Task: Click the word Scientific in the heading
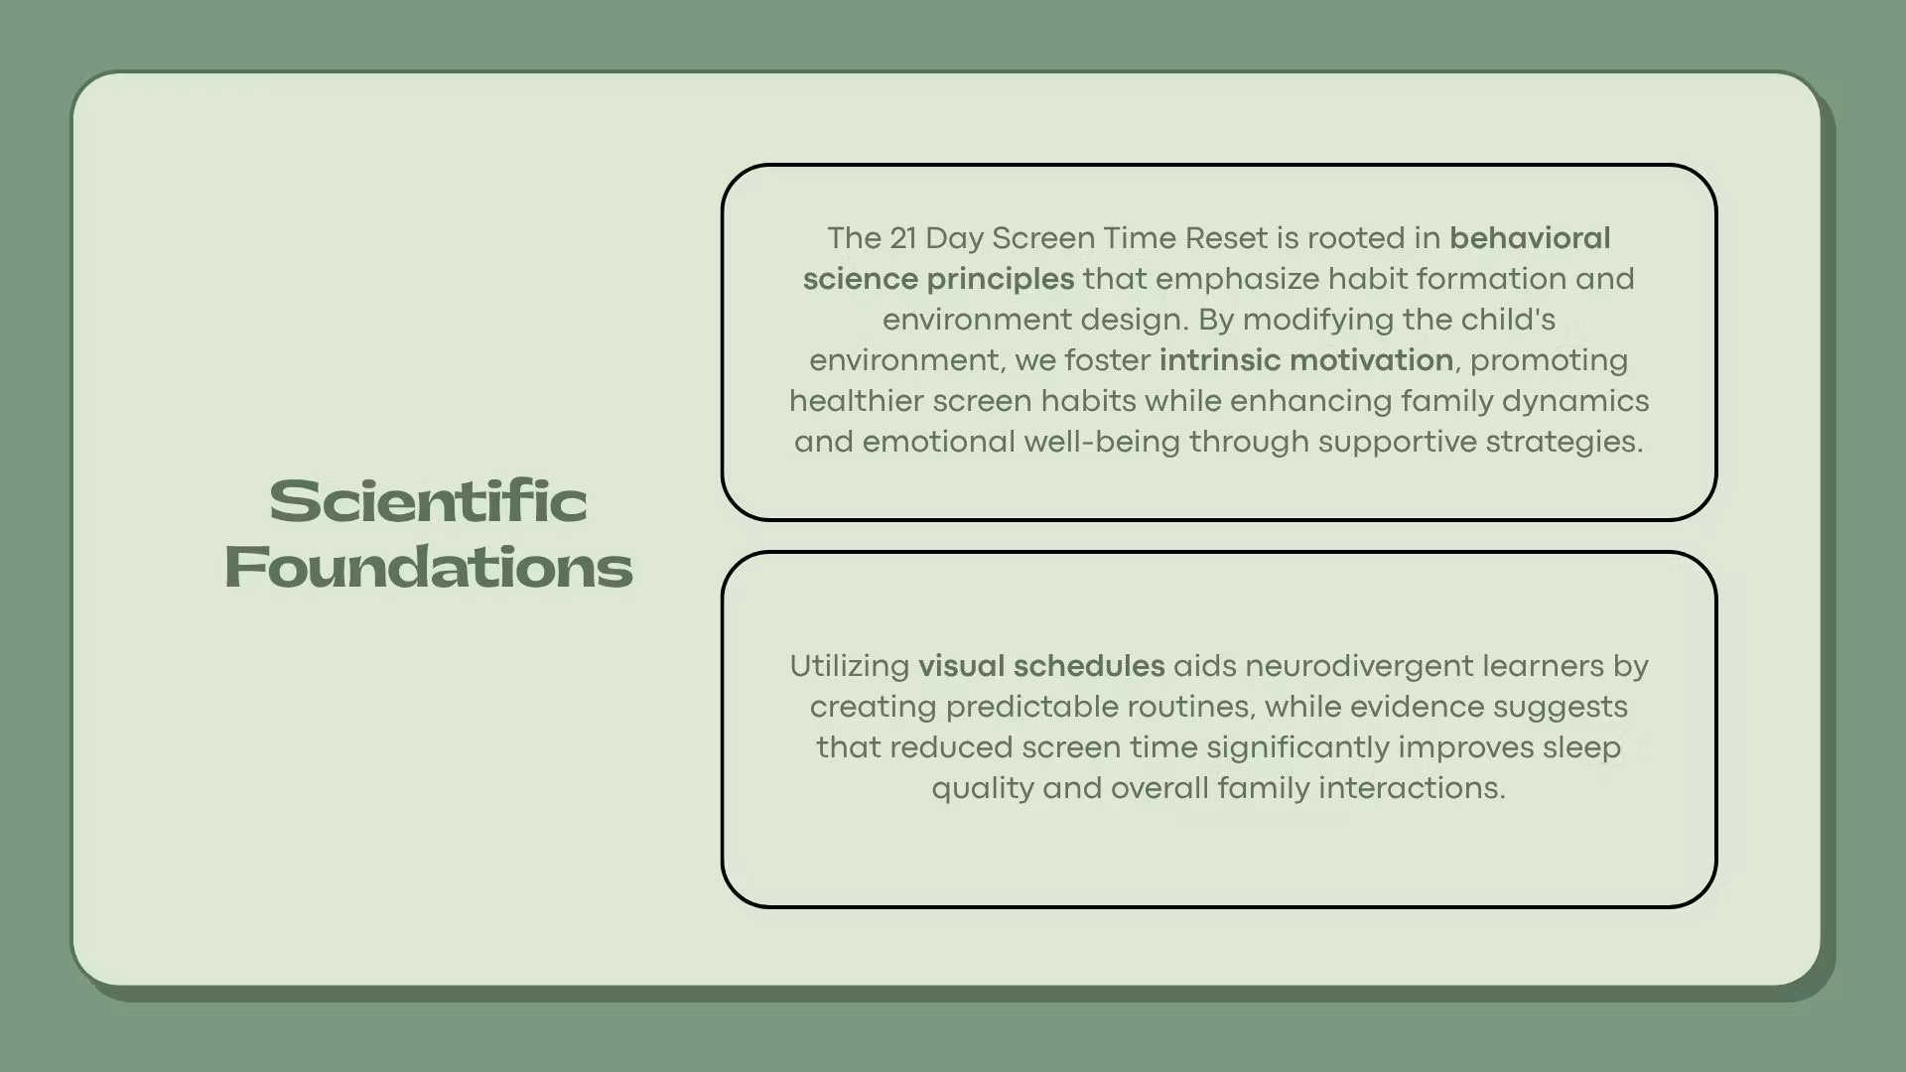pos(428,501)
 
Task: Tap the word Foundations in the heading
pos(428,567)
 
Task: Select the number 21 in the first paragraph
pos(903,238)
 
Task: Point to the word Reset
pos(1227,238)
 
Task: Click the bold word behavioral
pos(1530,238)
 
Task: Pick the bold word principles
pos(1001,280)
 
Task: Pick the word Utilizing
pos(850,666)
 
